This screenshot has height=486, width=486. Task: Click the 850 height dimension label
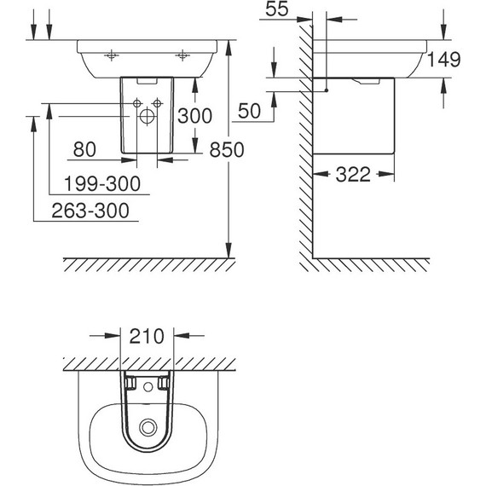pyautogui.click(x=227, y=150)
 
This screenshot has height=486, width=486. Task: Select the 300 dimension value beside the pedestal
pyautogui.click(x=194, y=116)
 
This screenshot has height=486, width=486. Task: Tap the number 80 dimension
pyautogui.click(x=84, y=149)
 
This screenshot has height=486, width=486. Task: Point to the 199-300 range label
pyautogui.click(x=102, y=183)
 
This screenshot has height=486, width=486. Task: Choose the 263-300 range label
pyautogui.click(x=90, y=211)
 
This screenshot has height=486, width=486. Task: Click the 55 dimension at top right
pyautogui.click(x=277, y=9)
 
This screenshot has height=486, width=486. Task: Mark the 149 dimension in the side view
pyautogui.click(x=444, y=60)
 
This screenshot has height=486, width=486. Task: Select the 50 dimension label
pyautogui.click(x=250, y=111)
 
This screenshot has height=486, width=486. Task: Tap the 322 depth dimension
pyautogui.click(x=353, y=174)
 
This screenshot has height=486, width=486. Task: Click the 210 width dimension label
pyautogui.click(x=147, y=336)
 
